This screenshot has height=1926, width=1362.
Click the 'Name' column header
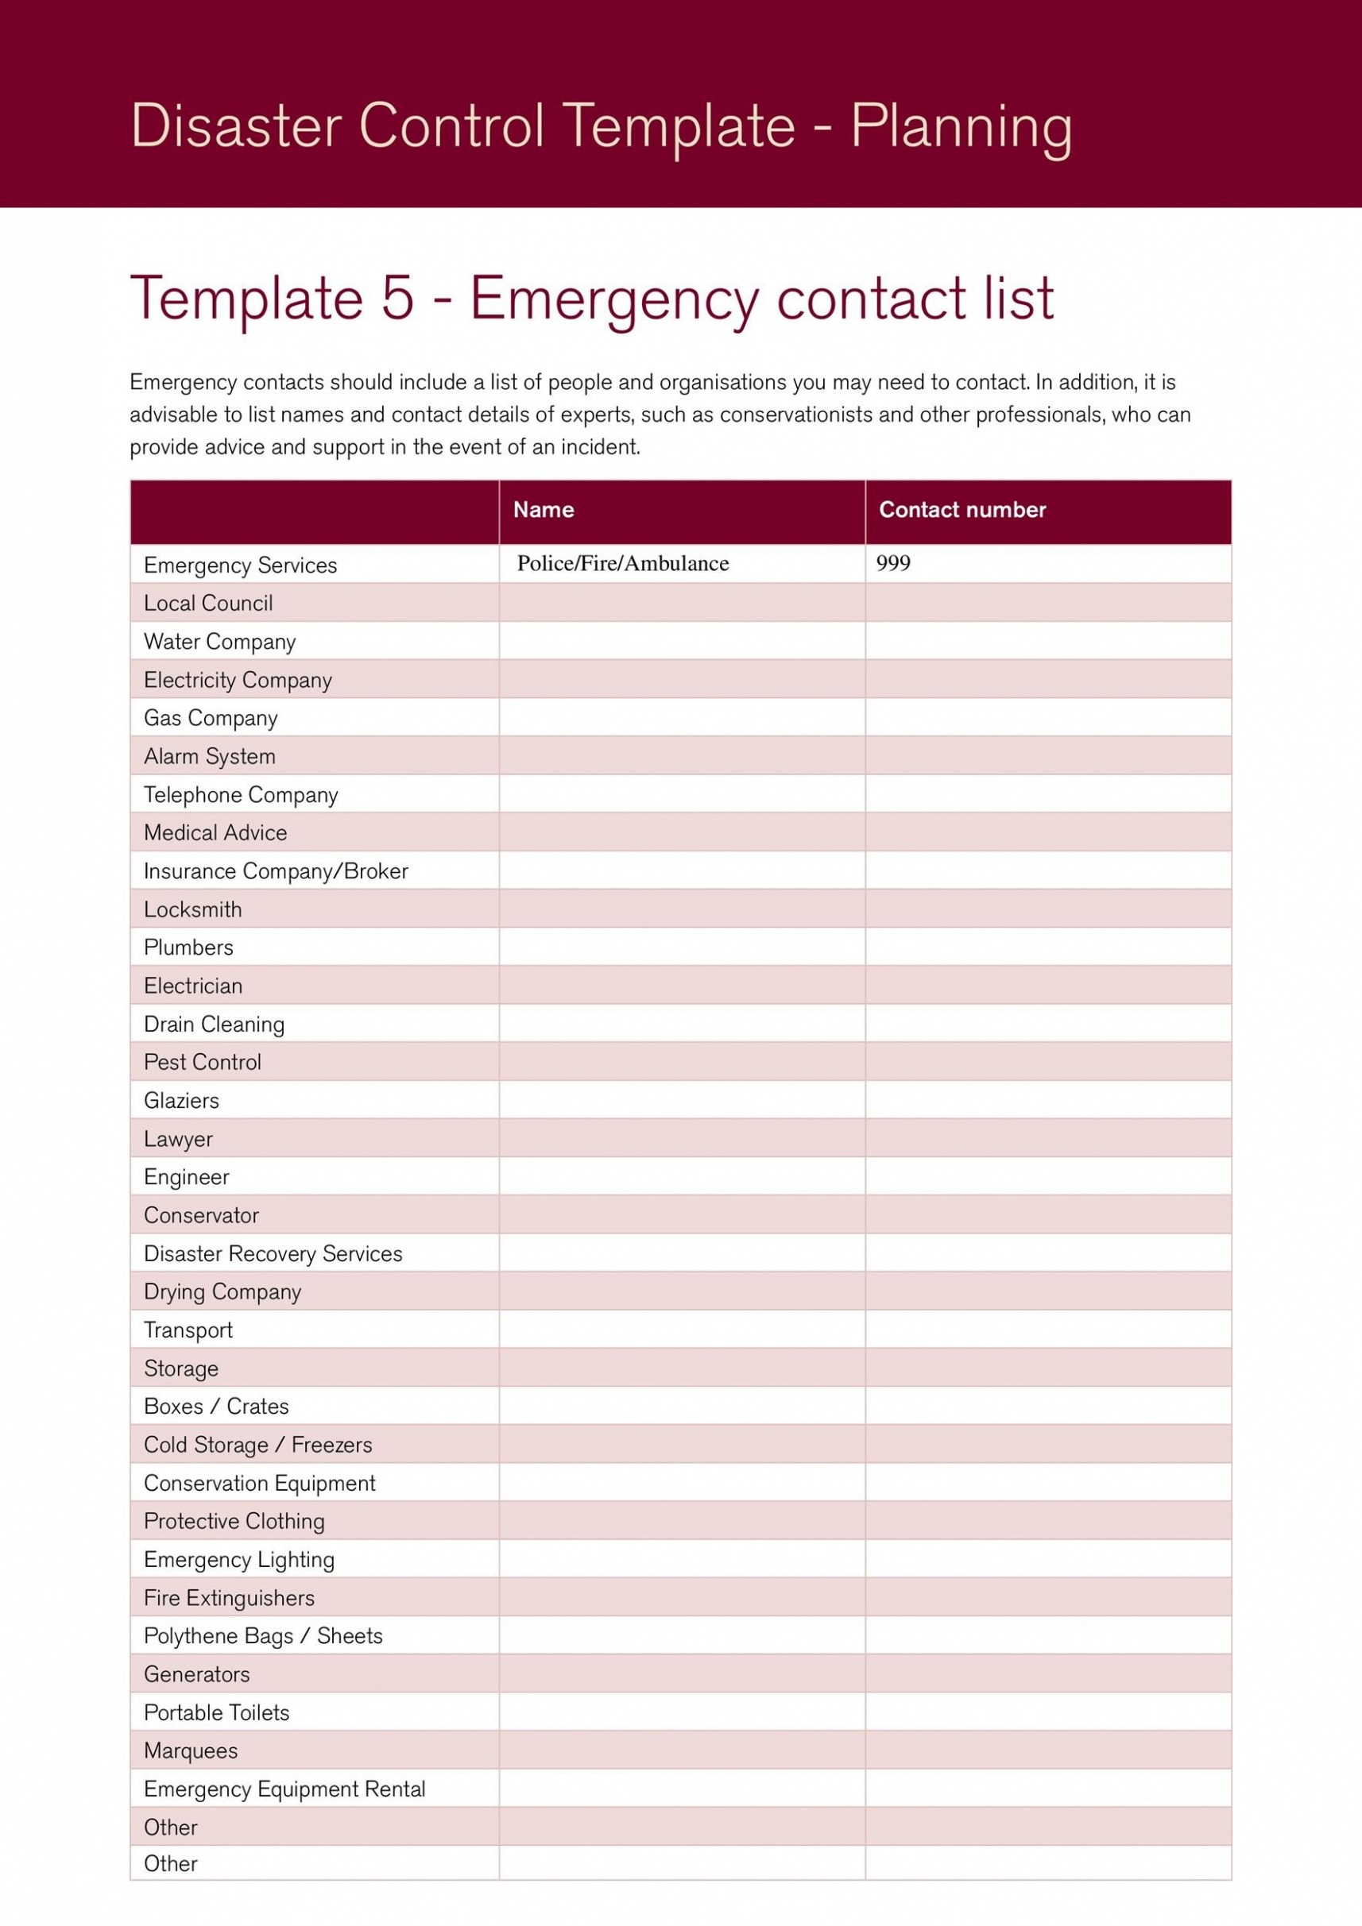pyautogui.click(x=543, y=510)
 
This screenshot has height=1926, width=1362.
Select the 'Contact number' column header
pyautogui.click(x=962, y=510)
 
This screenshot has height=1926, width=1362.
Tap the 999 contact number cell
pyautogui.click(x=893, y=563)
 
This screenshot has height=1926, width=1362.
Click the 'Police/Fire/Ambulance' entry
pyautogui.click(x=623, y=563)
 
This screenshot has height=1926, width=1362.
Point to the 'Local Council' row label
pyautogui.click(x=208, y=603)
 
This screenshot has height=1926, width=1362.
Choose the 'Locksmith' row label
pyautogui.click(x=193, y=909)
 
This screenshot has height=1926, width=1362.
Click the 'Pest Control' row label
pyautogui.click(x=203, y=1062)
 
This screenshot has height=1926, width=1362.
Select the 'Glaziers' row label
pyautogui.click(x=181, y=1101)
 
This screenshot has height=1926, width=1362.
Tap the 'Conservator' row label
pyautogui.click(x=201, y=1215)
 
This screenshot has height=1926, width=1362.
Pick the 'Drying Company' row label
pyautogui.click(x=222, y=1292)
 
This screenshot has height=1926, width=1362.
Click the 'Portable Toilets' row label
pyautogui.click(x=216, y=1713)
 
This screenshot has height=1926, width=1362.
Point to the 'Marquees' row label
pyautogui.click(x=191, y=1751)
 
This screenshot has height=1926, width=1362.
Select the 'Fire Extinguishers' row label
pyautogui.click(x=229, y=1598)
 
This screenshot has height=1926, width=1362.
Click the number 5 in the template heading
pyautogui.click(x=398, y=298)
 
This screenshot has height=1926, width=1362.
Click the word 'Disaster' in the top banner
pyautogui.click(x=236, y=125)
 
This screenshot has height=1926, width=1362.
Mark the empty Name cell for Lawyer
pyautogui.click(x=682, y=1138)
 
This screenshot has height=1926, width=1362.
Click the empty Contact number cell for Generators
pyautogui.click(x=1047, y=1674)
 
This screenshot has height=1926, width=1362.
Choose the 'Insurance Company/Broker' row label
pyautogui.click(x=276, y=871)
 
